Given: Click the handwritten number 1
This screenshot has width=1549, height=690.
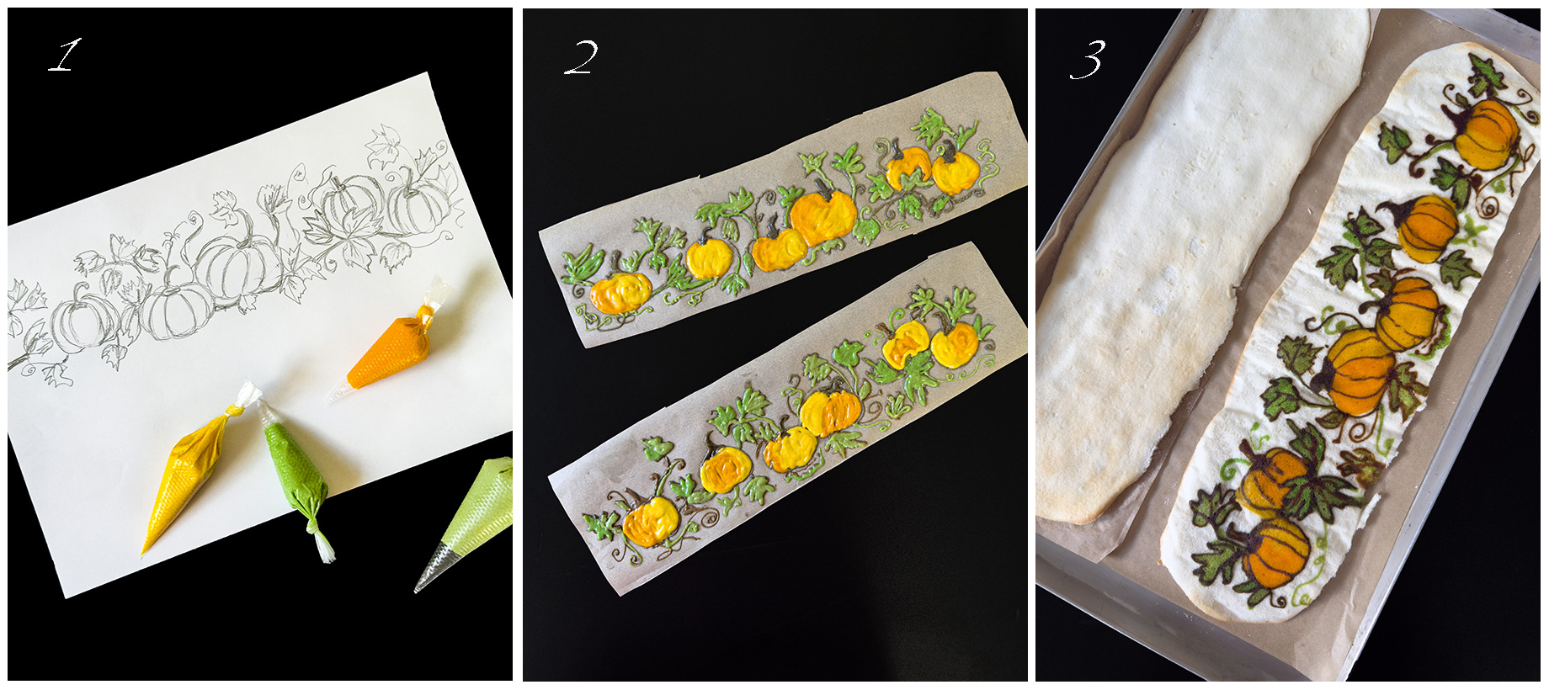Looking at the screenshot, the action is click(64, 55).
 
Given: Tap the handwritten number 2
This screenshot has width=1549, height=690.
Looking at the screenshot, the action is click(581, 57).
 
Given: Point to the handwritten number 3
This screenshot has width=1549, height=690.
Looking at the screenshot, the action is click(1087, 60).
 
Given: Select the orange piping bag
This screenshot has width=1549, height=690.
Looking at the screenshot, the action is click(394, 346).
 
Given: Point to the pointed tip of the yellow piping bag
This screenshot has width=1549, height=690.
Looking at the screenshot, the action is click(144, 552).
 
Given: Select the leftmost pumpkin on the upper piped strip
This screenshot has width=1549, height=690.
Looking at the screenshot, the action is click(620, 292).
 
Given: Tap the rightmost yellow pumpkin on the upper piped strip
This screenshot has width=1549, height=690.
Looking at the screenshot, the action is click(955, 171).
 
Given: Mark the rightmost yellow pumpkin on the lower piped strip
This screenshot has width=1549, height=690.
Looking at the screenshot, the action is click(954, 344).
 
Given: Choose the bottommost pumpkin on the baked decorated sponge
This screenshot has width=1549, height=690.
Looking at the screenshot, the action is click(1276, 552).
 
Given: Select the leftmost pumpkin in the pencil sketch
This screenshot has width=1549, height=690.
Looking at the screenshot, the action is click(82, 318).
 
